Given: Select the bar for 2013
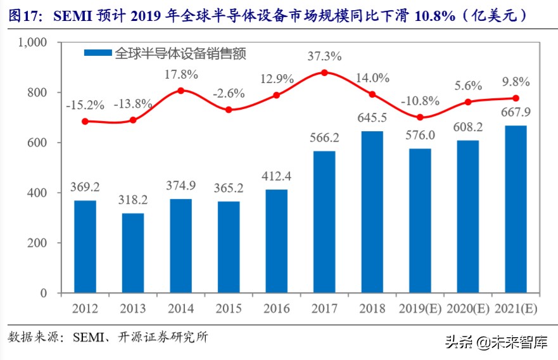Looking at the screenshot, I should (x=133, y=253).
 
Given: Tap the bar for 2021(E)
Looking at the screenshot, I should (x=516, y=209).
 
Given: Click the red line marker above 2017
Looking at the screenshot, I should (x=324, y=72).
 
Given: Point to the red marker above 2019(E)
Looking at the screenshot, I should (x=420, y=117).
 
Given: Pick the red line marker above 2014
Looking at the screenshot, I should (x=181, y=91).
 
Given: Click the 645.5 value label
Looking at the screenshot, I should (x=372, y=119).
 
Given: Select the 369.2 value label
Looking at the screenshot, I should (x=85, y=188).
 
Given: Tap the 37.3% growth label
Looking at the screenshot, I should (x=324, y=56).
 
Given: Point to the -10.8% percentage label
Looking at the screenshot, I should (x=420, y=101).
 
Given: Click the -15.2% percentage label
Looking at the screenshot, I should (x=85, y=105).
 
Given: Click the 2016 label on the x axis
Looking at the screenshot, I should (x=276, y=309).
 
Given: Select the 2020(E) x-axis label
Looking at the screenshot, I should (x=467, y=309).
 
